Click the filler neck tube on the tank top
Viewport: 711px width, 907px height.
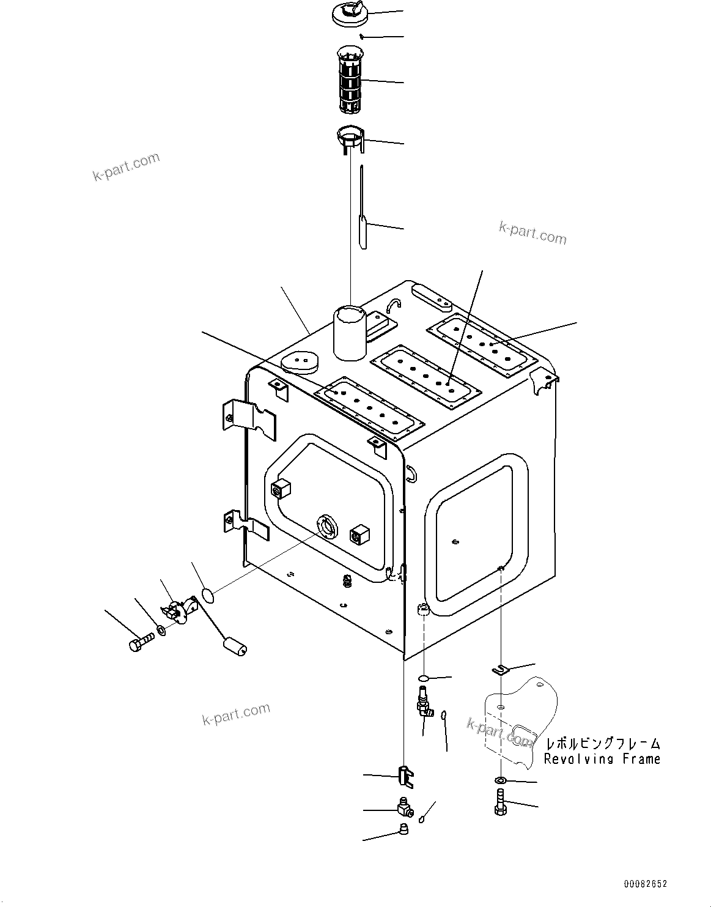[348, 334]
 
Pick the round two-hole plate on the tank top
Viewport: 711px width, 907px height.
[300, 362]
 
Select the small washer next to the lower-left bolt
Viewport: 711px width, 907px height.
[160, 630]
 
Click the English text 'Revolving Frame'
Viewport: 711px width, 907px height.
[602, 759]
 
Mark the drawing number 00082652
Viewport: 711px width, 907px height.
[646, 884]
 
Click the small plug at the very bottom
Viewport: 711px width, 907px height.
[403, 829]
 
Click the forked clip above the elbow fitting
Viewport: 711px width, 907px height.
[405, 775]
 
